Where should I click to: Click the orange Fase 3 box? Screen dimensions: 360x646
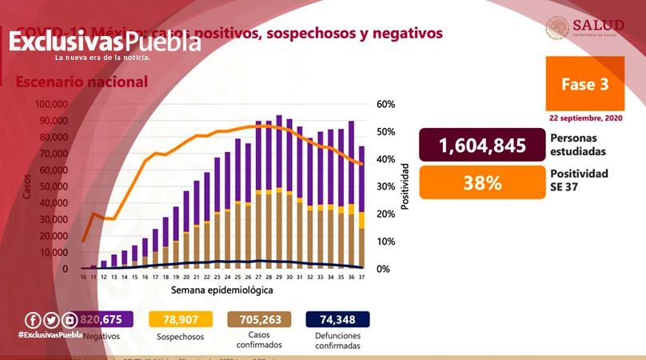point(584,84)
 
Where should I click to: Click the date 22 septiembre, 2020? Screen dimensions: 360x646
point(585,118)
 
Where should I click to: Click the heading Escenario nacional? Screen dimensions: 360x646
point(82,82)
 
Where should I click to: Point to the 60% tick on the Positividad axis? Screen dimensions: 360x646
point(385,104)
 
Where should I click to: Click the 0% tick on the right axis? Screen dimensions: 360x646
point(382,269)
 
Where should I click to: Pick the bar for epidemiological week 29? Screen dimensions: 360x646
point(278,192)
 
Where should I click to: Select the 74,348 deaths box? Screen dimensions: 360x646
point(337,320)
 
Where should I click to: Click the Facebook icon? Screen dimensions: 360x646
point(33,320)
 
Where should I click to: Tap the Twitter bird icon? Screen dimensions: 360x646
point(51,320)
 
